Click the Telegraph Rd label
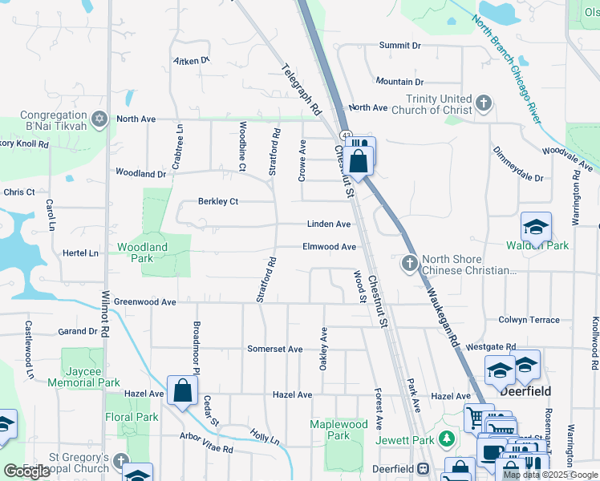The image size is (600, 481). [x=302, y=88]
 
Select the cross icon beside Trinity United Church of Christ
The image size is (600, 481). [x=483, y=103]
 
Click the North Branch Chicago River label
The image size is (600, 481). [x=508, y=71]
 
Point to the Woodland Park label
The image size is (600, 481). [x=142, y=253]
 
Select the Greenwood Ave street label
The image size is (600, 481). [x=144, y=302]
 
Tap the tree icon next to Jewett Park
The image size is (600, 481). [x=448, y=439]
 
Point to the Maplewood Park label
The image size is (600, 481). [x=339, y=430]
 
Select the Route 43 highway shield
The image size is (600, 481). [x=343, y=136]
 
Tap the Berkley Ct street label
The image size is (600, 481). [x=218, y=201]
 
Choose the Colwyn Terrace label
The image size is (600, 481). [x=529, y=320]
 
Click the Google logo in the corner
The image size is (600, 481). [x=27, y=471]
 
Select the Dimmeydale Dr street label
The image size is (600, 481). [x=518, y=164]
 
